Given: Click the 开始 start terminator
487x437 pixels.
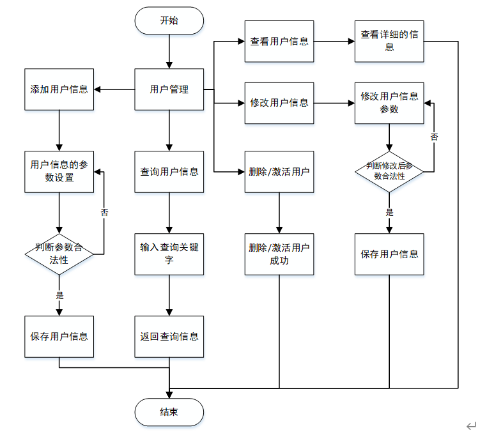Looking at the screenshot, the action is click(x=169, y=20).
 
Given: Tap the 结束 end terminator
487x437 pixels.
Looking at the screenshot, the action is click(x=169, y=412).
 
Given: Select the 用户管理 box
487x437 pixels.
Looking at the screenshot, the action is click(x=169, y=89).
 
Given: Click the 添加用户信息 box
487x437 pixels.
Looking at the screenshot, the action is click(x=59, y=89).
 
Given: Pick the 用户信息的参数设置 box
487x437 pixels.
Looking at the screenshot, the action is click(x=59, y=172).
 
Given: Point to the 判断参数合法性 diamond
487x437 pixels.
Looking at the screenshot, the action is click(x=59, y=254).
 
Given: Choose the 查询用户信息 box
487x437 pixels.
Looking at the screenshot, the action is click(x=169, y=172).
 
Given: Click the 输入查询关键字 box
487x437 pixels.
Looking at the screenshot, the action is click(x=169, y=254).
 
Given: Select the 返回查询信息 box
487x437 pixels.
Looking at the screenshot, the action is click(x=169, y=337).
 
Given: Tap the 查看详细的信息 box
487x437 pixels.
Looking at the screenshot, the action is click(x=389, y=42).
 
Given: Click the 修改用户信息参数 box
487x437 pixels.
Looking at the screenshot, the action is click(x=389, y=103).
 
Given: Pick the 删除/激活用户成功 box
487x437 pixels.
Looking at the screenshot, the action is click(x=279, y=254).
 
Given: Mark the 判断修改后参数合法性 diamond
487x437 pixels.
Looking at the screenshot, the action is click(x=389, y=172).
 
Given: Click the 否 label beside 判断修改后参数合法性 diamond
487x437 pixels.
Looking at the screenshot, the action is click(x=434, y=137).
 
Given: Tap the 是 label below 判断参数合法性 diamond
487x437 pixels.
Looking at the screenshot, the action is click(x=59, y=295).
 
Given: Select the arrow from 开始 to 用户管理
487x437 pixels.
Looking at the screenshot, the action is click(x=169, y=52).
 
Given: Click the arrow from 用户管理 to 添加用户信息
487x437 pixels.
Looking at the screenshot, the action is click(x=114, y=89).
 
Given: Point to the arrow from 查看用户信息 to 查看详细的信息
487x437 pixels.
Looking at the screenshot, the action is click(x=334, y=42).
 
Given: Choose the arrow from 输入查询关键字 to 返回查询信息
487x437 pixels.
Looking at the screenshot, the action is click(x=169, y=296).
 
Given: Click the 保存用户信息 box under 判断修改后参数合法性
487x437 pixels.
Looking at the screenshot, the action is click(x=389, y=254).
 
